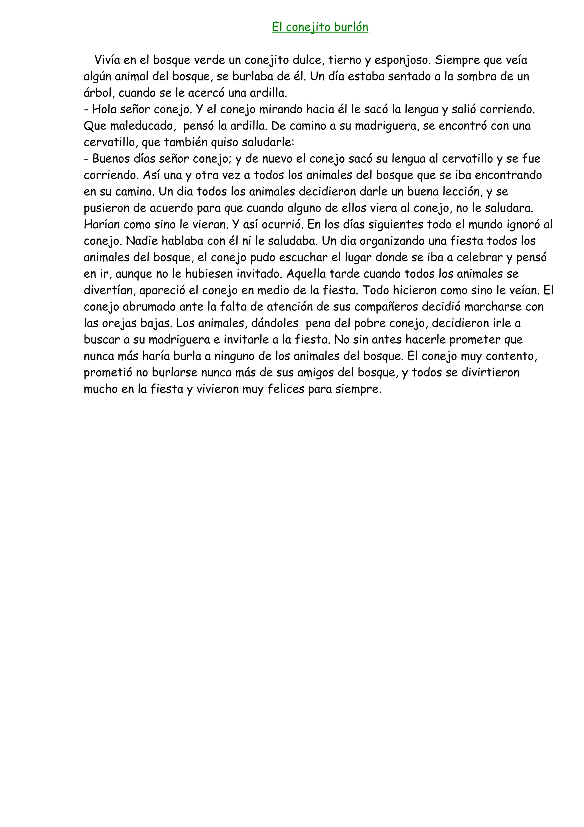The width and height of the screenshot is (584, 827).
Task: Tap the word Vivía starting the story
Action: pyautogui.click(x=107, y=60)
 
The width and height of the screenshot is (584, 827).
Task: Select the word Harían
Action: pyautogui.click(x=102, y=224)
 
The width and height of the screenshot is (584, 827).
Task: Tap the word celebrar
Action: pyautogui.click(x=479, y=257)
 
